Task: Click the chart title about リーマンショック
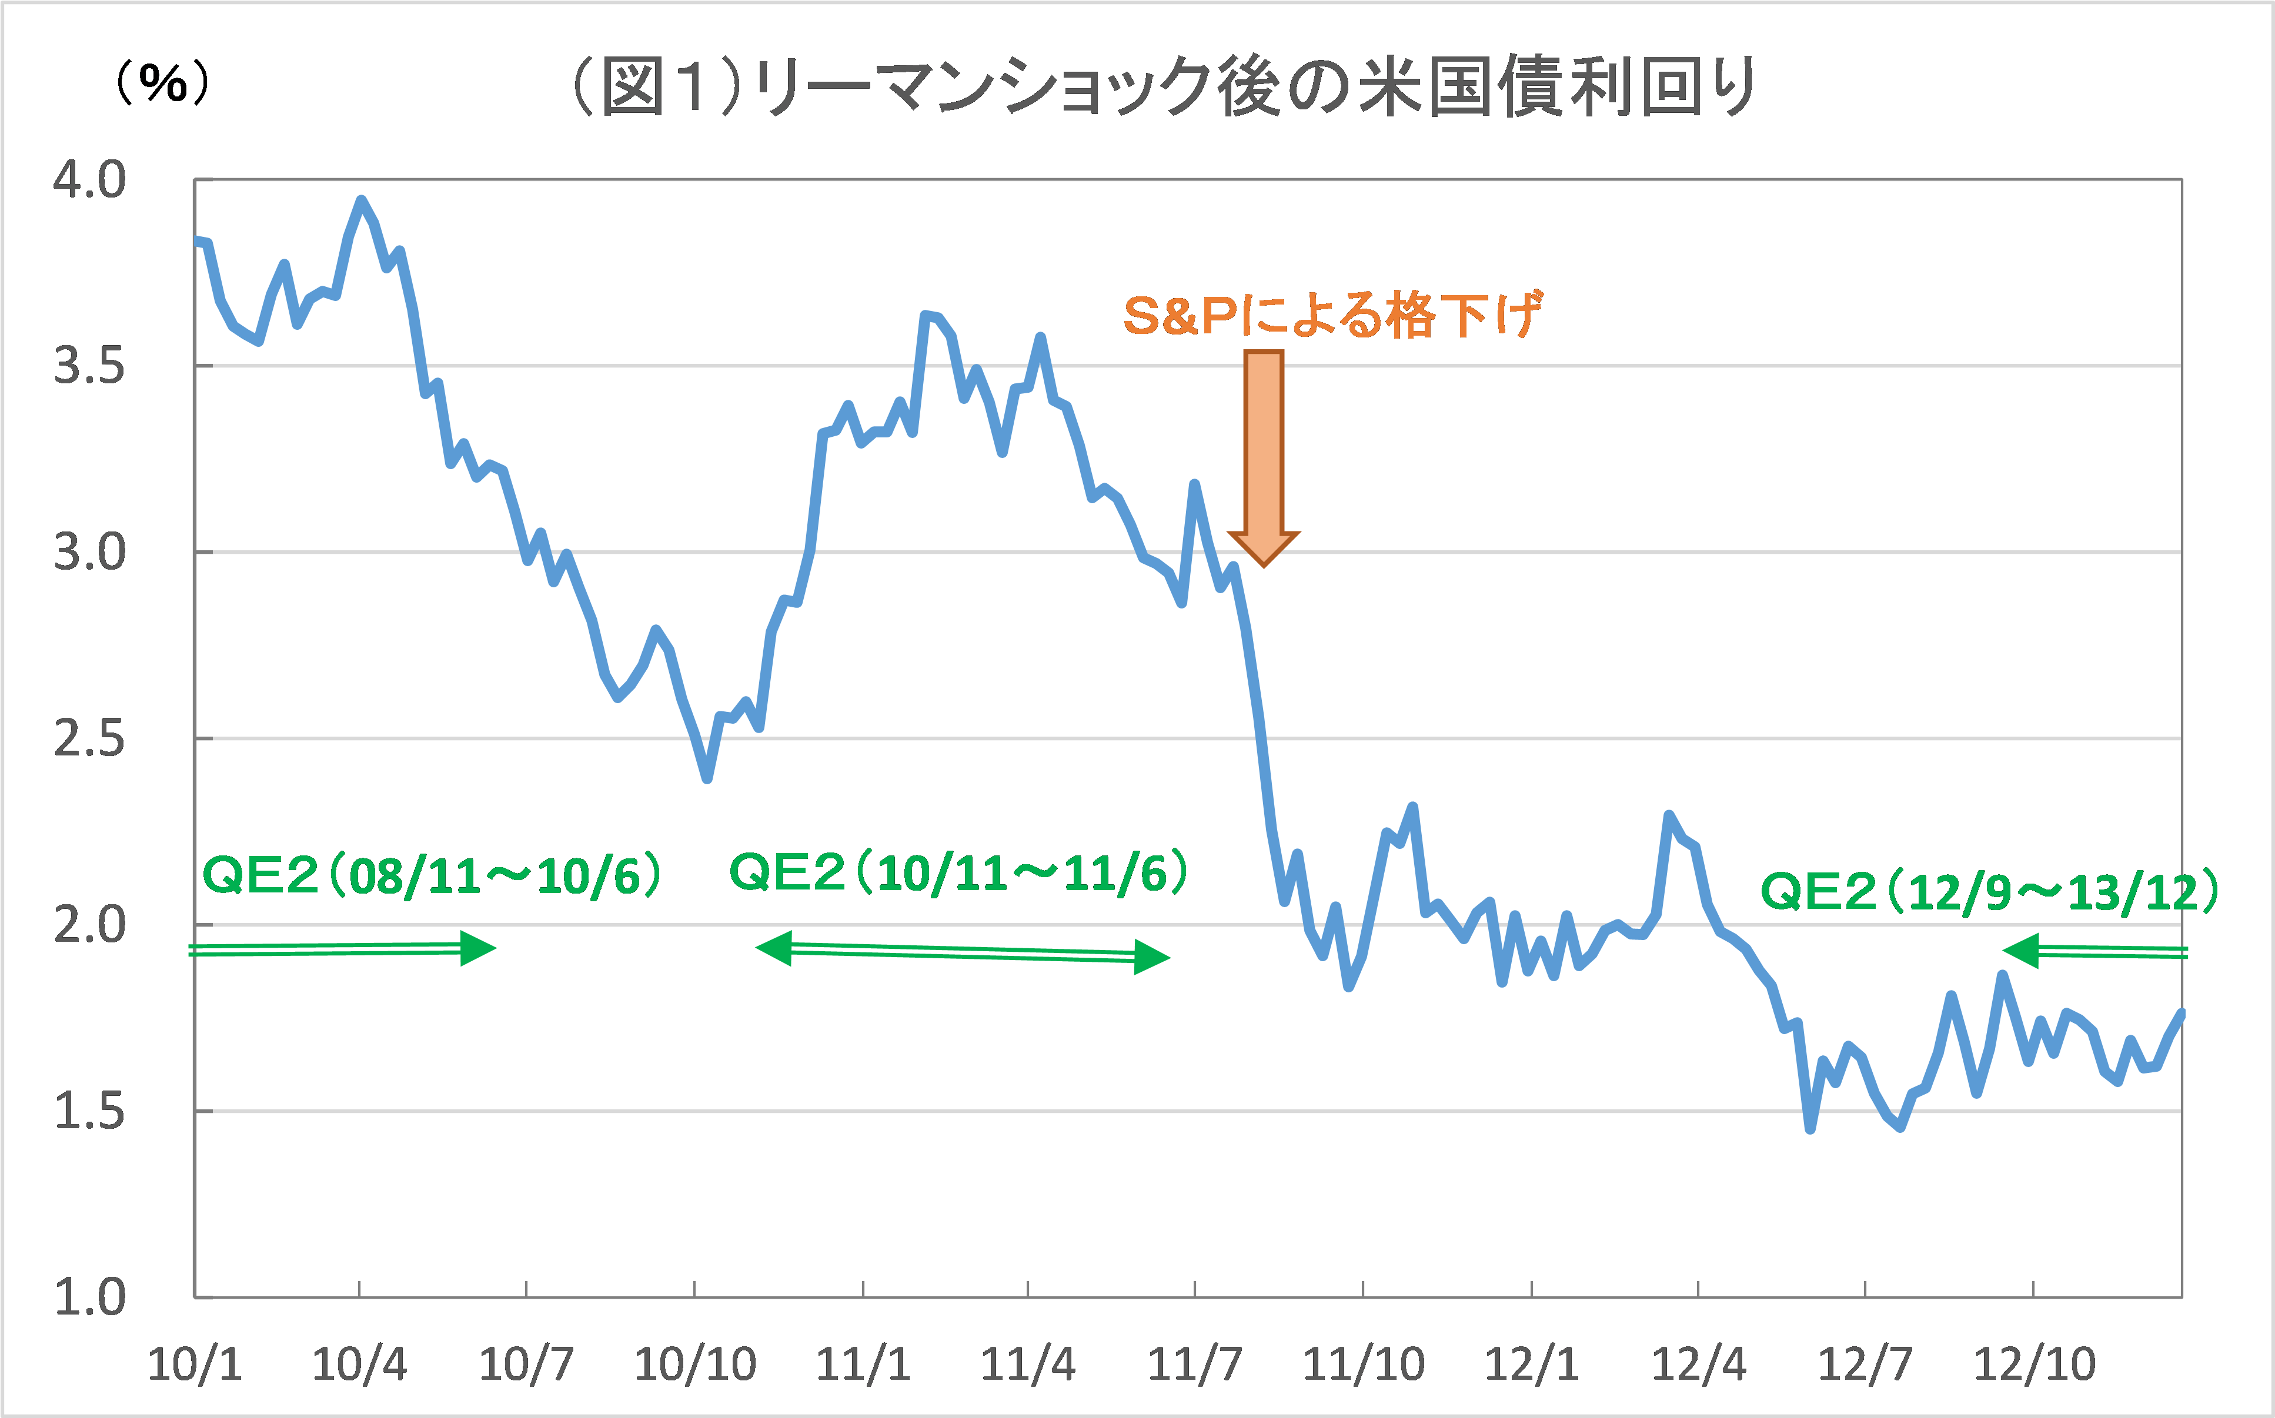coord(1163,87)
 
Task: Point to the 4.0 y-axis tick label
coord(89,180)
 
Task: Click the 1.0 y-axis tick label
coord(89,1299)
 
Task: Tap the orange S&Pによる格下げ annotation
coord(1332,315)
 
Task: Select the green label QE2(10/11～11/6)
coord(958,872)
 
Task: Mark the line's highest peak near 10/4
coord(361,200)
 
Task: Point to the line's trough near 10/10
coord(707,777)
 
